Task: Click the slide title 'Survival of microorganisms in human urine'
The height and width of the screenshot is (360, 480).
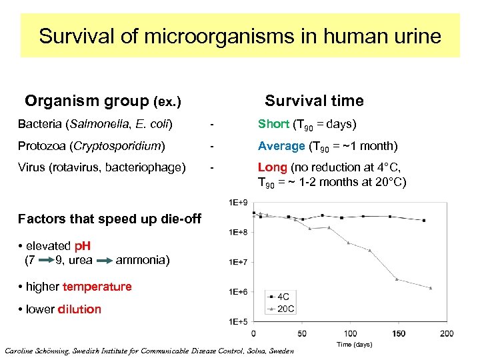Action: pos(240,35)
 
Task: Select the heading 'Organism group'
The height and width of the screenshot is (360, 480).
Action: pos(87,101)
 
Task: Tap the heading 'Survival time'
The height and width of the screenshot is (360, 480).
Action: pos(314,101)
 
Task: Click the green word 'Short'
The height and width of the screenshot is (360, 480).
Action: pos(273,124)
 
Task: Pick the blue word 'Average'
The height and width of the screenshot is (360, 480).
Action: pos(281,146)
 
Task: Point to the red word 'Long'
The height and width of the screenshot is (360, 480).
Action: pos(272,167)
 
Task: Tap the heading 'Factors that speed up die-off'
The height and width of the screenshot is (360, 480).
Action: pos(109,219)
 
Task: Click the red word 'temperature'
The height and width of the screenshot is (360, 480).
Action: pos(97,287)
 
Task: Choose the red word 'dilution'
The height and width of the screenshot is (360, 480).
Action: pos(79,309)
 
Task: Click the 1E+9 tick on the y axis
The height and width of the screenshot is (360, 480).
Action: pos(238,202)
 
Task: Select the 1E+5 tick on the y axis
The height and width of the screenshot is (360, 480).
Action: pos(238,321)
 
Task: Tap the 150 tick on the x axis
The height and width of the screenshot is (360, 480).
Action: pos(399,333)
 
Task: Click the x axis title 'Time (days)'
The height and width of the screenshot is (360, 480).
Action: pos(353,344)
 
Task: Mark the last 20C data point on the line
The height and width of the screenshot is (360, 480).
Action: pos(431,288)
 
